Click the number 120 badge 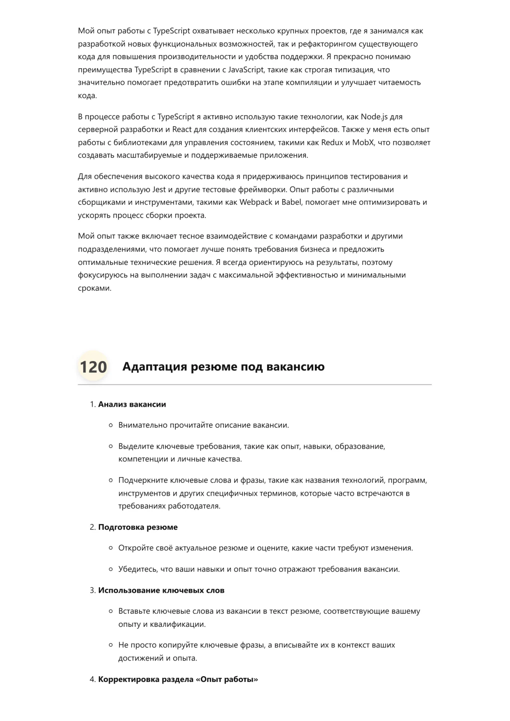[x=93, y=366]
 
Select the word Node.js [x=374, y=117]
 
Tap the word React [x=182, y=130]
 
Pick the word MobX [x=363, y=143]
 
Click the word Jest [x=159, y=190]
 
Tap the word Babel [x=291, y=202]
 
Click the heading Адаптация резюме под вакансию [x=224, y=366]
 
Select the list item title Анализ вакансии [x=132, y=404]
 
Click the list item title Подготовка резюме [x=138, y=527]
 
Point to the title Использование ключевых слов [x=161, y=591]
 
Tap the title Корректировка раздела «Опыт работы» [x=178, y=679]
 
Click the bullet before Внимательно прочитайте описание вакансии [x=111, y=425]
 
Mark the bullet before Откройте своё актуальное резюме [x=111, y=548]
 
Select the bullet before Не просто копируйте [x=111, y=645]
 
